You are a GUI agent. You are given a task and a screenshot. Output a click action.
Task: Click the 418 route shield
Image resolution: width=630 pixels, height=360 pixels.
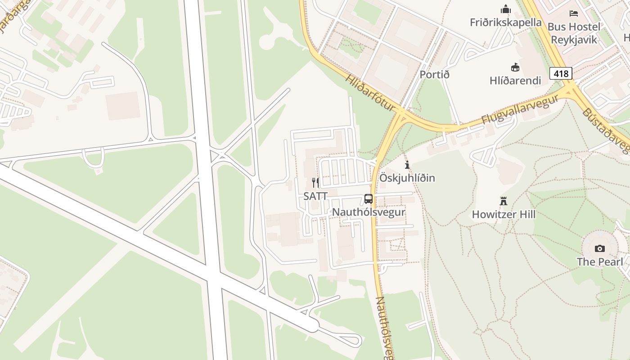click(561, 73)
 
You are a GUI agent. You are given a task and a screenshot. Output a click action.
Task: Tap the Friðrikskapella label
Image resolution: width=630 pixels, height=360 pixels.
click(506, 22)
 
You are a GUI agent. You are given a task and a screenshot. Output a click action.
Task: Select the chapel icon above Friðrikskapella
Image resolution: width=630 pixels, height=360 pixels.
click(506, 9)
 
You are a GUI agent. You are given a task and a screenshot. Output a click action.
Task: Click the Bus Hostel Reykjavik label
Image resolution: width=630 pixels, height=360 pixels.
click(574, 33)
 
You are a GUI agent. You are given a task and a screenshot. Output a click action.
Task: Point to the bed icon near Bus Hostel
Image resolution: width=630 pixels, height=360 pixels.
click(573, 13)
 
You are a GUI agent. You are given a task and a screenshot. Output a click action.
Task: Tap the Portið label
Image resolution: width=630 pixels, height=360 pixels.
click(434, 74)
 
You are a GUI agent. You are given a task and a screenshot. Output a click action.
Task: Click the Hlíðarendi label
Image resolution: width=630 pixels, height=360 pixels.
click(515, 81)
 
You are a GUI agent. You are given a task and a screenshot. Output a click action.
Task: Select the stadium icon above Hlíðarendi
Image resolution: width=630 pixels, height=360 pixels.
click(515, 67)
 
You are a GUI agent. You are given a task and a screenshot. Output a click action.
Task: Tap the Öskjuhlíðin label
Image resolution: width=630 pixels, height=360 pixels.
click(407, 178)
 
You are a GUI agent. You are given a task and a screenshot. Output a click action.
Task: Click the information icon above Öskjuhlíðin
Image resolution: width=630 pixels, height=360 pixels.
click(407, 165)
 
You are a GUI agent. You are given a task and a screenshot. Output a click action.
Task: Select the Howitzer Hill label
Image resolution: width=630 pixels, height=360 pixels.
click(504, 214)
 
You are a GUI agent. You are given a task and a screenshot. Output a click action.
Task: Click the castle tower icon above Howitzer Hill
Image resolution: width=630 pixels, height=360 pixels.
click(504, 201)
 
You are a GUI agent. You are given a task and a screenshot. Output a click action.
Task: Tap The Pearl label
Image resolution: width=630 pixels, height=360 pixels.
click(600, 261)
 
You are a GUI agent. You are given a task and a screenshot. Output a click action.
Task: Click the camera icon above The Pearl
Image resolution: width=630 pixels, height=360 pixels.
click(600, 248)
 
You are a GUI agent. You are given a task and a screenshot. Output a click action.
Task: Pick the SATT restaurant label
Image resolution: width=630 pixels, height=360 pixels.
click(315, 196)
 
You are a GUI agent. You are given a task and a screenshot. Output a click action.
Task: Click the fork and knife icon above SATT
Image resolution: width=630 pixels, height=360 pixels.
click(315, 183)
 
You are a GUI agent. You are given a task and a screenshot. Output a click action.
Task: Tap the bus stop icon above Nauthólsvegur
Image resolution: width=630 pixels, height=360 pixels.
click(369, 199)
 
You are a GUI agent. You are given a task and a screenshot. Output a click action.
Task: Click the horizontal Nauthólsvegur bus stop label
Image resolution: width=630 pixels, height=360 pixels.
click(369, 212)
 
